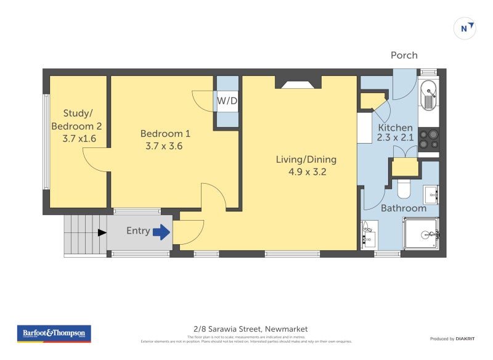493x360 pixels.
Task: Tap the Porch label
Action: pyautogui.click(x=404, y=55)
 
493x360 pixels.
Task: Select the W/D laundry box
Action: pyautogui.click(x=227, y=101)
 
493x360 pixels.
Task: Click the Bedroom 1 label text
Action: pyautogui.click(x=165, y=134)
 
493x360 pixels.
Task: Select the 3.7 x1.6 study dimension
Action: pyautogui.click(x=79, y=139)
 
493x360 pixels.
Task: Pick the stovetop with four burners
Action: pyautogui.click(x=428, y=140)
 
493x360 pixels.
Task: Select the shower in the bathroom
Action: pyautogui.click(x=421, y=234)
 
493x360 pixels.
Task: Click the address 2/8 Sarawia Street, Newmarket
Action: pyautogui.click(x=246, y=329)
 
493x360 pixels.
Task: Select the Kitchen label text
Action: pyautogui.click(x=395, y=128)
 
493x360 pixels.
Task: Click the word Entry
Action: pyautogui.click(x=138, y=231)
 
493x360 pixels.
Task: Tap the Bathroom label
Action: pyautogui.click(x=403, y=208)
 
